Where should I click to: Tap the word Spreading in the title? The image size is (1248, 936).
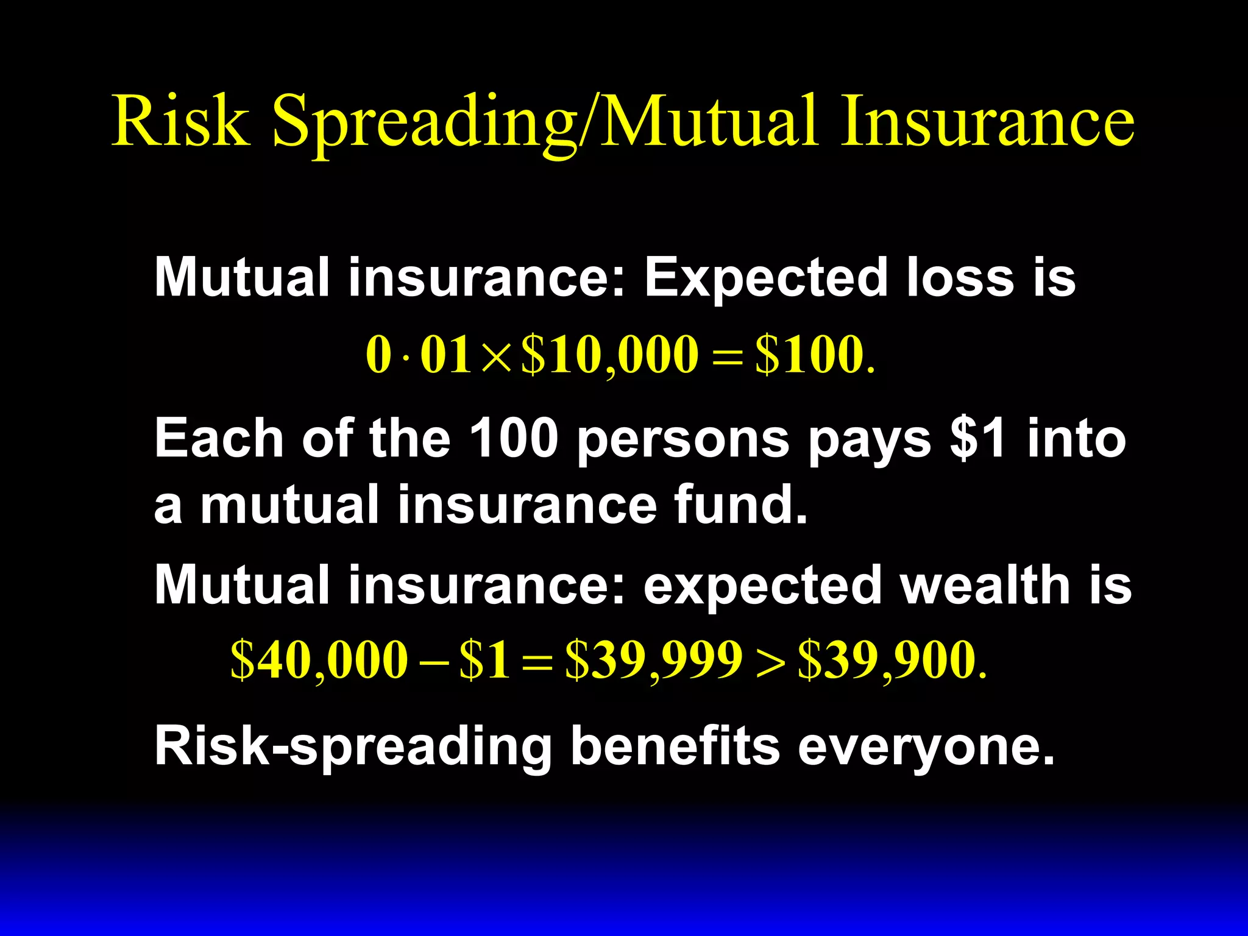(x=424, y=122)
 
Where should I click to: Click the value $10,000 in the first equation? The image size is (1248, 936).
(x=609, y=355)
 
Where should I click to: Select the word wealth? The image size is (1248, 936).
(x=984, y=585)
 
